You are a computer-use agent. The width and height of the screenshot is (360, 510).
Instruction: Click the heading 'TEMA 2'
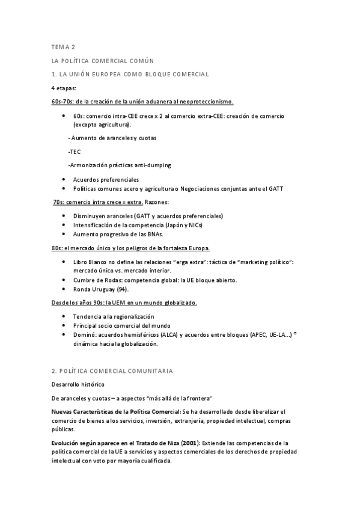point(63,46)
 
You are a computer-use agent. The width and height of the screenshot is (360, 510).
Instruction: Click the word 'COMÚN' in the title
point(141,60)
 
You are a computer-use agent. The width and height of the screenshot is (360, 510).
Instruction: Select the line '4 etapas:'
point(64,88)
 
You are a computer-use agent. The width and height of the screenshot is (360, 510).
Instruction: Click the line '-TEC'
point(75,152)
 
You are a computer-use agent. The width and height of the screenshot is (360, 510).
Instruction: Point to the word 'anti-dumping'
point(153,165)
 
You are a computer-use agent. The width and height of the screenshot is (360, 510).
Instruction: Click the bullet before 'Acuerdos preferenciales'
point(64,179)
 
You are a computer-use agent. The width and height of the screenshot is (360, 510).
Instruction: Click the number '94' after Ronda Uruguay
point(123,289)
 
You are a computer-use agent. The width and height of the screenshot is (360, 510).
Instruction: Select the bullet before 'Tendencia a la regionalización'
point(64,316)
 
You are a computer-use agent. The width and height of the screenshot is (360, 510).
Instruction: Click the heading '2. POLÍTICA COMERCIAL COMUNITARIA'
point(112,371)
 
